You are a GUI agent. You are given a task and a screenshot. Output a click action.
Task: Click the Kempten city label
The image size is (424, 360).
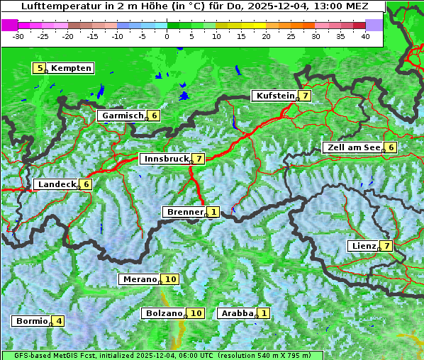click(71, 68)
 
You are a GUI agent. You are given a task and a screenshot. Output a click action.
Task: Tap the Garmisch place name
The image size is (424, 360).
click(123, 116)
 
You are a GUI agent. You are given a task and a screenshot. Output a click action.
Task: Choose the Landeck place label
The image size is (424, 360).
click(57, 184)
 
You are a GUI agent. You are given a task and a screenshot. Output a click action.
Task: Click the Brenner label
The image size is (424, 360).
click(184, 212)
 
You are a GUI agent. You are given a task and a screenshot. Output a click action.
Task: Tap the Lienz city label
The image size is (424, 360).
click(363, 246)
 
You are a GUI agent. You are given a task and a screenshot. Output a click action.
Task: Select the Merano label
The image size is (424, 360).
click(139, 279)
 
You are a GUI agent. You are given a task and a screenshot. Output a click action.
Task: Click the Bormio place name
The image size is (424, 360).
click(31, 321)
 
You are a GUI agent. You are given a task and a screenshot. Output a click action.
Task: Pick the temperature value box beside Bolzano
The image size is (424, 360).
click(196, 313)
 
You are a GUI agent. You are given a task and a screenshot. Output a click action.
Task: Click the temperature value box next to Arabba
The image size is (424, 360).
click(264, 313)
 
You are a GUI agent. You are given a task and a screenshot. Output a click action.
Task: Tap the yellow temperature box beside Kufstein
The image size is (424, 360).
click(305, 96)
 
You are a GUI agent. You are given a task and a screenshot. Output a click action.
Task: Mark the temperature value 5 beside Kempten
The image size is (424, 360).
click(40, 68)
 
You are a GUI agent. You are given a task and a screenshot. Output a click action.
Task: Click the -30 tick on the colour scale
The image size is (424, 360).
click(18, 35)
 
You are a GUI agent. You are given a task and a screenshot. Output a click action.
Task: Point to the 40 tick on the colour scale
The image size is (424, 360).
click(365, 35)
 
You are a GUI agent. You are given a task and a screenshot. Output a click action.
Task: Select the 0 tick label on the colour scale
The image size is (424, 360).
click(167, 35)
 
